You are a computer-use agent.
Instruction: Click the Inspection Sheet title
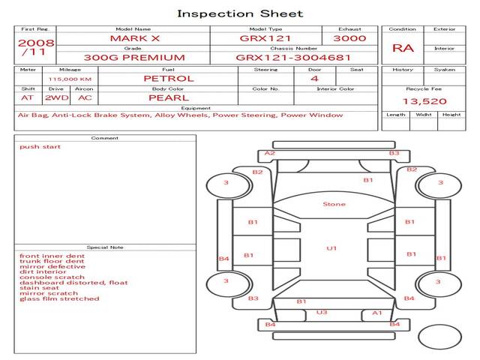[x=240, y=13]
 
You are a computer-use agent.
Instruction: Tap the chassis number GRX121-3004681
[x=283, y=58]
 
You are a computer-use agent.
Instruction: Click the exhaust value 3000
[x=349, y=38]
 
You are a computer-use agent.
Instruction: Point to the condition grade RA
[x=403, y=48]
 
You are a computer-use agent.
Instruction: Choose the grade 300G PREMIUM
[x=134, y=58]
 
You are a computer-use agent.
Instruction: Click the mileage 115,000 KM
[x=70, y=79]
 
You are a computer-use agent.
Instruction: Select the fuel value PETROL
[x=168, y=78]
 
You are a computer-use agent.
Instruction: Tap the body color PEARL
[x=168, y=97]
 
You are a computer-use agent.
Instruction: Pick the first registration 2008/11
[x=35, y=47]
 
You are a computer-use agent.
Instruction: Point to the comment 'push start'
[x=40, y=147]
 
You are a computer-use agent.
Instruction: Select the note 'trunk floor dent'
[x=51, y=262]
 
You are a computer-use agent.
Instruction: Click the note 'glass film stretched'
[x=59, y=298]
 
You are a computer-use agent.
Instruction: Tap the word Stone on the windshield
[x=334, y=204]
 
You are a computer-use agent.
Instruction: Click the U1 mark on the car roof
[x=331, y=248]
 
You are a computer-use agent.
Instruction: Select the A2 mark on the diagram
[x=270, y=153]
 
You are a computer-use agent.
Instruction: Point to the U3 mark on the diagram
[x=322, y=312]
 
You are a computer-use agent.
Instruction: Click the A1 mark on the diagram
[x=377, y=313]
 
